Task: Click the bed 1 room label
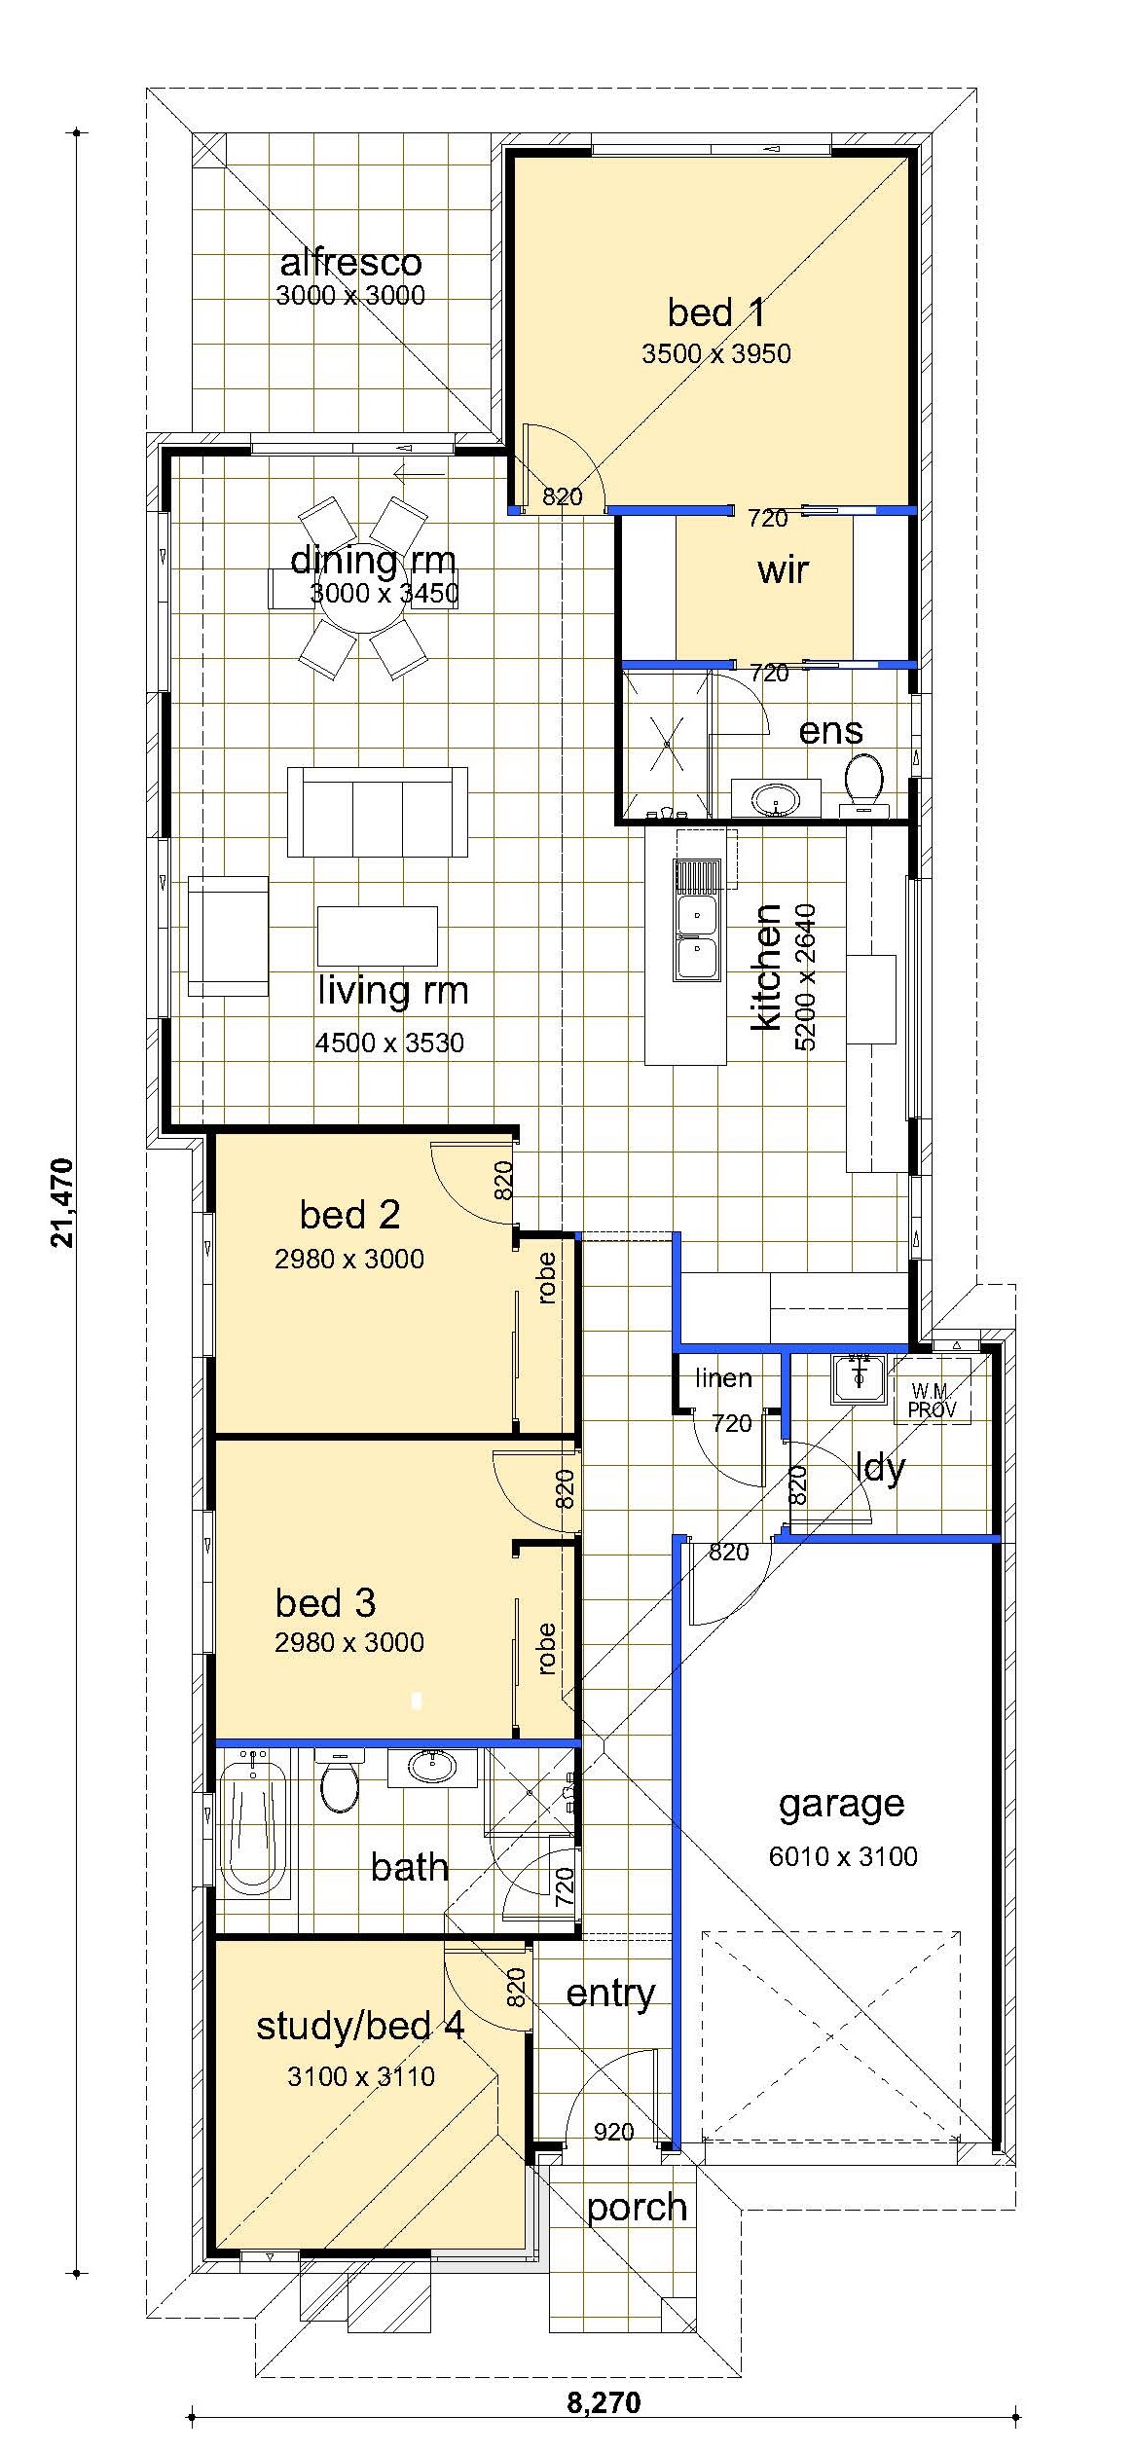pyautogui.click(x=715, y=312)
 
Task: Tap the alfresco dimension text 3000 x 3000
pyautogui.click(x=350, y=295)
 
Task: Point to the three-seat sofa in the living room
pyautogui.click(x=377, y=812)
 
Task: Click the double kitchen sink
pyautogui.click(x=697, y=920)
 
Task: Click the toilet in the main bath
pyautogui.click(x=339, y=1781)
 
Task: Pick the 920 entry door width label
pyautogui.click(x=613, y=2133)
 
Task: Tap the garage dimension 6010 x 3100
pyautogui.click(x=843, y=1857)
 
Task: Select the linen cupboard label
pyautogui.click(x=723, y=1378)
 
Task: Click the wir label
pyautogui.click(x=783, y=570)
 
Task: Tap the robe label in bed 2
pyautogui.click(x=546, y=1278)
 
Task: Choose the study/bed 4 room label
pyautogui.click(x=360, y=2026)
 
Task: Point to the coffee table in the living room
pyautogui.click(x=377, y=936)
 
